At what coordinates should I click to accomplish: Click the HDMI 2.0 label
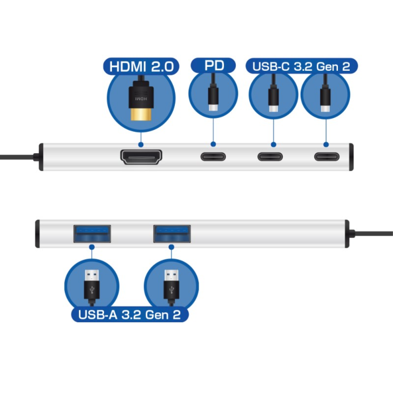coord(141,66)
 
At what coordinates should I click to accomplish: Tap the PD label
coord(213,65)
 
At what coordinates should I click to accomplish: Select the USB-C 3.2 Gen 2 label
coord(301,66)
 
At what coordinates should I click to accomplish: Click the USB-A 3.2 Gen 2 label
coord(129,314)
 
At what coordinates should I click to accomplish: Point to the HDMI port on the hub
coord(141,157)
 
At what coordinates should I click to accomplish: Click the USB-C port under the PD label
coord(213,157)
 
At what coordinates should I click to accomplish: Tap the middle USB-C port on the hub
coord(270,157)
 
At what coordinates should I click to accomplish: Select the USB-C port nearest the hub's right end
coord(326,157)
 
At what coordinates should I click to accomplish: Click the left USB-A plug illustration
coord(91,285)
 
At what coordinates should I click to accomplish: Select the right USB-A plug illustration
coord(171,285)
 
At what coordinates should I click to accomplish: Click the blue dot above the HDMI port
coord(141,145)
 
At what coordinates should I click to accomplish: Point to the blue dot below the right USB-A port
coord(172,247)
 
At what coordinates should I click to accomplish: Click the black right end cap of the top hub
coord(351,157)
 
